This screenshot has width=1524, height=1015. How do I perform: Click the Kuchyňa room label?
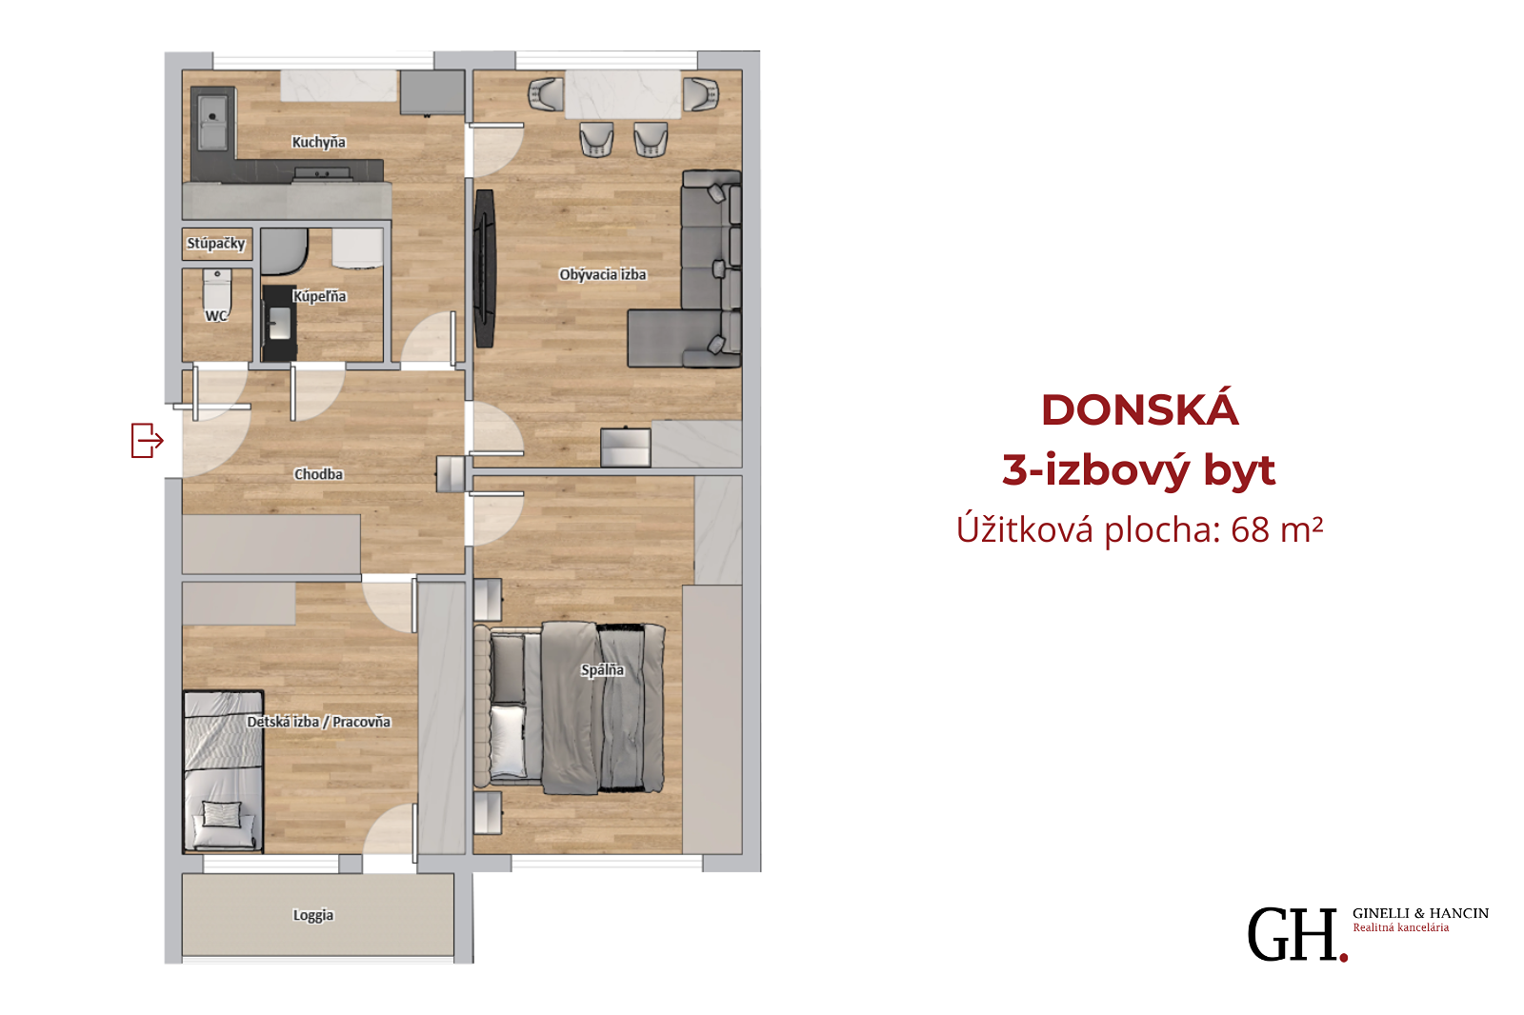[318, 142]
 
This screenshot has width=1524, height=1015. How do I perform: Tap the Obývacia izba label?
[603, 275]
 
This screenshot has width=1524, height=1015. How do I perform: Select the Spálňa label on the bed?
[602, 670]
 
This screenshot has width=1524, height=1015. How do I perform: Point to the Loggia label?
[313, 915]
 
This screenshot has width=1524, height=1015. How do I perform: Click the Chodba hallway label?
[318, 474]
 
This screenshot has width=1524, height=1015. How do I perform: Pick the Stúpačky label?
[215, 244]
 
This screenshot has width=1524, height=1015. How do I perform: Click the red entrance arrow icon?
[147, 440]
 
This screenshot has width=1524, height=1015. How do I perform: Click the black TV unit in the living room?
[485, 269]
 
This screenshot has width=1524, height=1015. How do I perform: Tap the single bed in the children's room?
[223, 771]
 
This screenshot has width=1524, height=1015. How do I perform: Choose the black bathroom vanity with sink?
[279, 323]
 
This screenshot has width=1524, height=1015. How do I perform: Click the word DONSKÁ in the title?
[1139, 409]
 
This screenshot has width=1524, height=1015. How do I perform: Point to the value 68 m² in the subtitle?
[1276, 529]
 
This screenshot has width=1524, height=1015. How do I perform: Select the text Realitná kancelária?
[1401, 928]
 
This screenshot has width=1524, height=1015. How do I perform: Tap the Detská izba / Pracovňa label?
[318, 722]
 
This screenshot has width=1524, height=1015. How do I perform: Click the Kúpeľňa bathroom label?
[319, 297]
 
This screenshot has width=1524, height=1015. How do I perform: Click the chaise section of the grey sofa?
[671, 338]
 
